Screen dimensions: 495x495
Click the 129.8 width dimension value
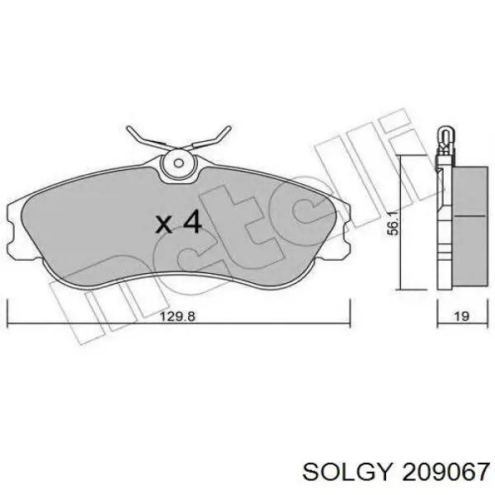(177, 316)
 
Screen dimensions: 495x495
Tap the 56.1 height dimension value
(393, 224)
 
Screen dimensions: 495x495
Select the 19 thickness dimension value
(461, 316)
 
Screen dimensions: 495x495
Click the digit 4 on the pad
(192, 222)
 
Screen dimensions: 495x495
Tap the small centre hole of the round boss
(179, 163)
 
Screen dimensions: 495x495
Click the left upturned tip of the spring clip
(129, 129)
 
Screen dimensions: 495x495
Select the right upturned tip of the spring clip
(229, 129)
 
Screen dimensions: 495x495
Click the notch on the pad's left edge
(11, 233)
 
